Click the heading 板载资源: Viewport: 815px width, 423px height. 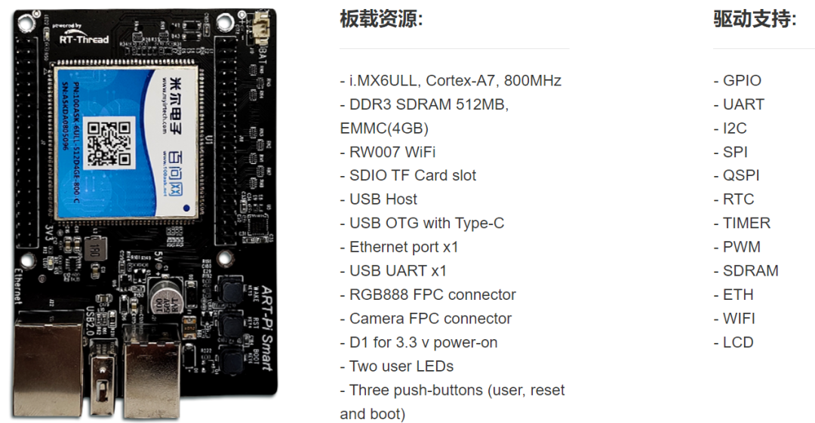(x=381, y=19)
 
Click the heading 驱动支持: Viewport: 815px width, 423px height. (x=755, y=19)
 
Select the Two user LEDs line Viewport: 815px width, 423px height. (x=401, y=366)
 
